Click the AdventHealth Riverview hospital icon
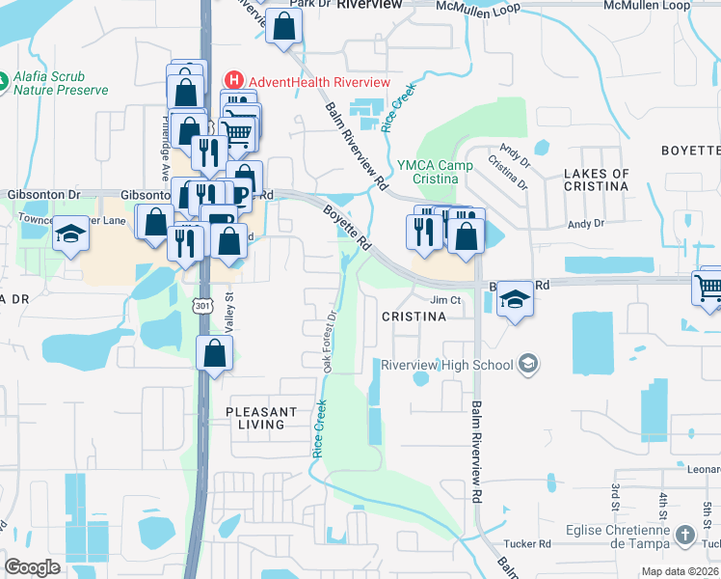point(231,81)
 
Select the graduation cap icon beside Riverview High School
point(527,363)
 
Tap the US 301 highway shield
point(201,306)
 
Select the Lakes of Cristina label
point(596,180)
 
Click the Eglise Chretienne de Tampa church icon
point(684,534)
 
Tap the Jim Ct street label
point(447,299)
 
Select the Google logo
point(32,567)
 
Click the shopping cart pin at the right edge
point(709,286)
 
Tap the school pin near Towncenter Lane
point(70,234)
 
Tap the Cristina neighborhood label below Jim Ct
point(414,317)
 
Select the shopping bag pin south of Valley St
point(214,353)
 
